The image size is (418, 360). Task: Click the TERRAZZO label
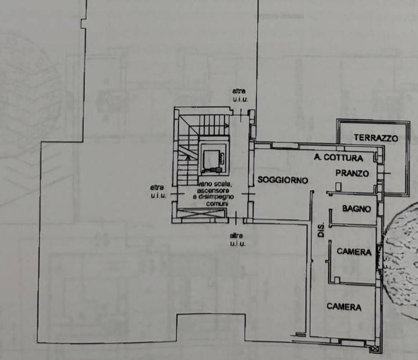376,137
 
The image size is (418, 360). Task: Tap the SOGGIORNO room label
283,180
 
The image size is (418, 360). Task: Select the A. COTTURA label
339,157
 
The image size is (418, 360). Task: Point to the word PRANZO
352,173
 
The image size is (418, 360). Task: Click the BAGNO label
356,208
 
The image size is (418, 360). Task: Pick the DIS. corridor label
321,229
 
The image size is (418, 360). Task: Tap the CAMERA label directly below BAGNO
354,252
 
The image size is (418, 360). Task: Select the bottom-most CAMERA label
344,306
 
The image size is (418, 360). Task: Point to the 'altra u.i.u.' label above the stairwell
240,95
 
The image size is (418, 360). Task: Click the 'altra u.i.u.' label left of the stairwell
158,192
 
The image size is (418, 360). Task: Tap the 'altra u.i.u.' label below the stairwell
238,240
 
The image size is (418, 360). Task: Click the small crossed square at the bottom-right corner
375,349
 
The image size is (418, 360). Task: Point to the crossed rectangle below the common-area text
200,213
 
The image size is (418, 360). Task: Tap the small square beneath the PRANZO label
338,186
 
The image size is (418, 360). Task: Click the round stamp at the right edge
400,260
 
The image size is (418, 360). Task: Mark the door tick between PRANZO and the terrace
384,173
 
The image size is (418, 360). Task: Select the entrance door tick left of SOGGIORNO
248,193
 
